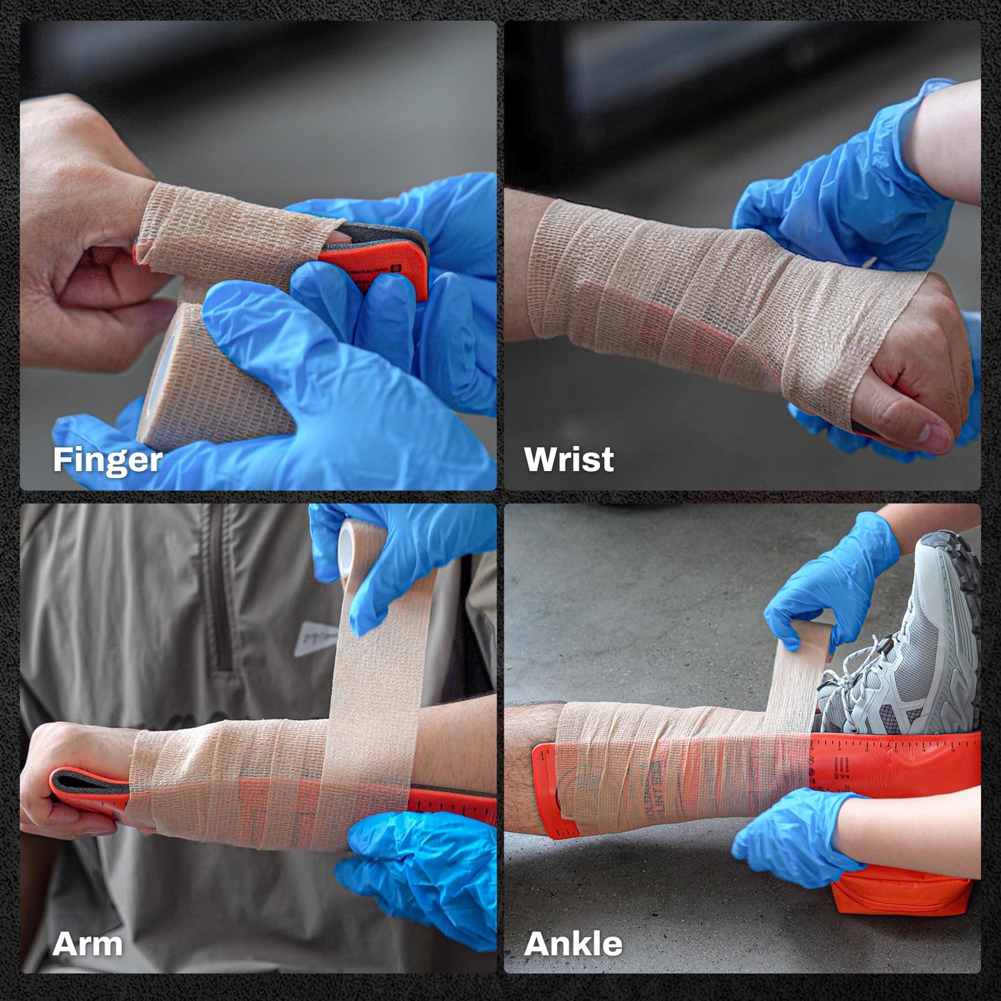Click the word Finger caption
click(x=107, y=460)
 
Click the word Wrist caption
click(x=569, y=460)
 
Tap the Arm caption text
click(x=87, y=944)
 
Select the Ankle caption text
click(x=573, y=944)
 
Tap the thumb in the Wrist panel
click(x=907, y=423)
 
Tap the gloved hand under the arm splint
click(x=416, y=873)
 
